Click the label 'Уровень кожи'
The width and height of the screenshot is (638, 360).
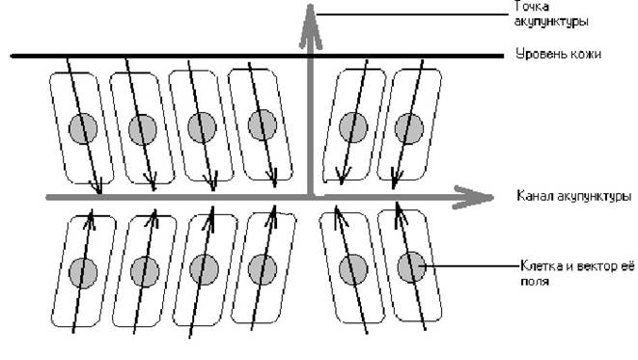click(x=558, y=54)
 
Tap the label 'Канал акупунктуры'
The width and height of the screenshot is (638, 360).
click(x=573, y=196)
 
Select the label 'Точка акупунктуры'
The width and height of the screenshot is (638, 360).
click(x=551, y=14)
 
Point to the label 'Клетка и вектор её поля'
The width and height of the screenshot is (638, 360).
click(x=577, y=274)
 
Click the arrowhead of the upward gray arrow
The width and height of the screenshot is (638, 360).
click(x=311, y=26)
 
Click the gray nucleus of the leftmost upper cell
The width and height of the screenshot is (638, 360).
click(x=83, y=128)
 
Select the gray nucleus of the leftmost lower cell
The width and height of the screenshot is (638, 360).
click(x=83, y=273)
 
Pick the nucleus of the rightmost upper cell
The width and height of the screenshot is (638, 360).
click(x=409, y=128)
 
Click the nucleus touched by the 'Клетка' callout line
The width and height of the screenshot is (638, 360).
click(x=411, y=267)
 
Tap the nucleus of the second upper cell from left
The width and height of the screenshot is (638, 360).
click(x=143, y=129)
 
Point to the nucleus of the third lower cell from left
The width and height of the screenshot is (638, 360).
click(x=204, y=269)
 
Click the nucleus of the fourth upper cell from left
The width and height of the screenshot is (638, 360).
click(x=263, y=125)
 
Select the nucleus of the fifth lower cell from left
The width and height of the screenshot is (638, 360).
click(x=353, y=269)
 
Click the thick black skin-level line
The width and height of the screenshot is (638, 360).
click(x=257, y=56)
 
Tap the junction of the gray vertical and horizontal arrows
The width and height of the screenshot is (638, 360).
click(x=311, y=197)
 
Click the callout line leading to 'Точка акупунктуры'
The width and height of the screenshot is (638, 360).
click(x=412, y=14)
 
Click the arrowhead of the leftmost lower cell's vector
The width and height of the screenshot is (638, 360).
click(x=91, y=219)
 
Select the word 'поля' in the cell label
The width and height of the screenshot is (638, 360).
click(x=535, y=281)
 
